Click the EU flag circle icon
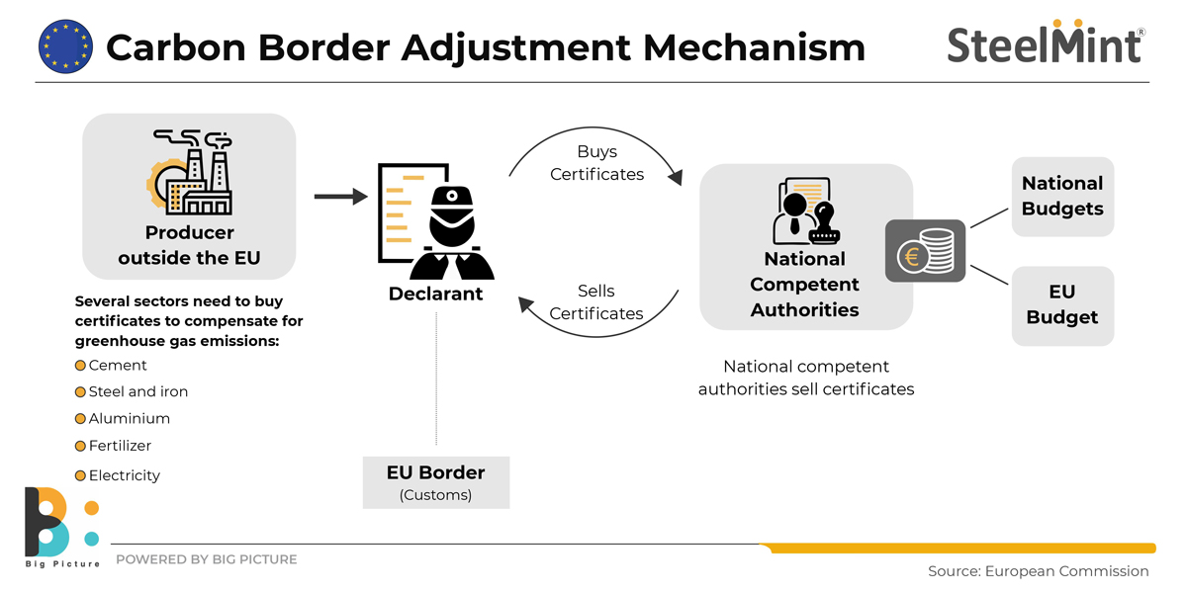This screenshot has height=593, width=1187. click(x=64, y=45)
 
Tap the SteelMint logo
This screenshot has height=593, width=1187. click(x=1047, y=42)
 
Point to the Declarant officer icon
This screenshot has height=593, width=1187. click(x=437, y=222)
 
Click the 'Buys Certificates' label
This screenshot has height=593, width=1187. click(x=596, y=163)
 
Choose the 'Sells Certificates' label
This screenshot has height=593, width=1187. click(x=596, y=302)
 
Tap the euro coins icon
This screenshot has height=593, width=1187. click(x=925, y=251)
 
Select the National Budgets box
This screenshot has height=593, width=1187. click(x=1062, y=196)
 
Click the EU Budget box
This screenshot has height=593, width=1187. click(x=1062, y=304)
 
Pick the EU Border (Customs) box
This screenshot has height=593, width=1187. click(x=436, y=481)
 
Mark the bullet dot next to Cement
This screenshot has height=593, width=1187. click(x=81, y=366)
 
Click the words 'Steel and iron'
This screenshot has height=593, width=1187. click(x=138, y=391)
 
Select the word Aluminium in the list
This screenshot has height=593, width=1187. click(x=130, y=418)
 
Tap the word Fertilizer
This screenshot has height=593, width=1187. click(x=120, y=446)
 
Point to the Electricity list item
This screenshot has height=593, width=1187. click(x=125, y=475)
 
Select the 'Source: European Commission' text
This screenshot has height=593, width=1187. click(x=1038, y=571)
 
